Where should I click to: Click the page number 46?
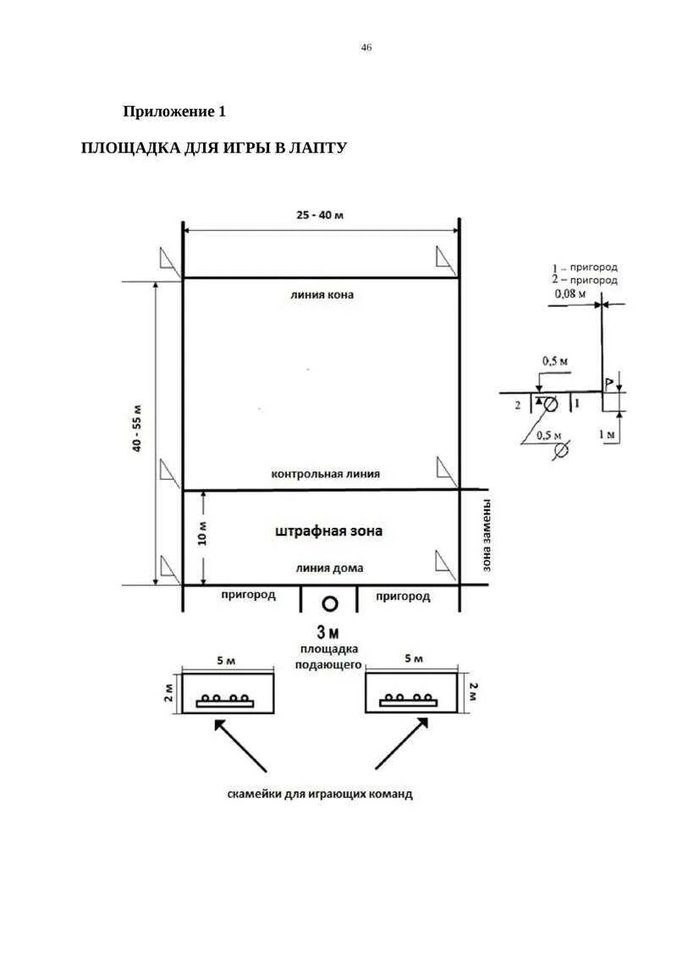point(366,47)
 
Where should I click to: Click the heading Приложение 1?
point(174,111)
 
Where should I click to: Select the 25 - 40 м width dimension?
point(320,215)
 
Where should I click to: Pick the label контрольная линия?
point(326,475)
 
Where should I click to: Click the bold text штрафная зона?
point(329,531)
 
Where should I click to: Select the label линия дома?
point(329,569)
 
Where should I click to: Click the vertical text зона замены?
point(487,536)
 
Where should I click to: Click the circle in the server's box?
point(330,603)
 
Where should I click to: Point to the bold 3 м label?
point(327,632)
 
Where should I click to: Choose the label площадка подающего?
point(328,657)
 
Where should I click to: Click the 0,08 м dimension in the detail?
point(571,294)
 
